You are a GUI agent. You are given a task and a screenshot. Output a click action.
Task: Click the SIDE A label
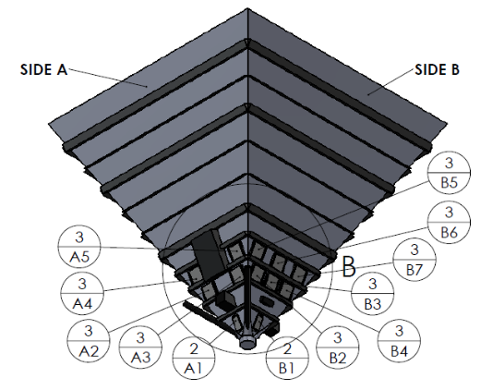(x=43, y=69)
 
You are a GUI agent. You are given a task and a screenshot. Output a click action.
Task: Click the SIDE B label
(x=437, y=69)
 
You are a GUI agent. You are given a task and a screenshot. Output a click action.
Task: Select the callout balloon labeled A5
(x=79, y=247)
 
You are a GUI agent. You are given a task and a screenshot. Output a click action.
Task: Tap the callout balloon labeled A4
(x=82, y=293)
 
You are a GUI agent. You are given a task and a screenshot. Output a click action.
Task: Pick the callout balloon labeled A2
(x=89, y=340)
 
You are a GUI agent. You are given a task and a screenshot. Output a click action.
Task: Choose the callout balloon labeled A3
(x=140, y=347)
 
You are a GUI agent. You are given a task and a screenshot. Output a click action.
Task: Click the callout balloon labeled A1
(x=194, y=359)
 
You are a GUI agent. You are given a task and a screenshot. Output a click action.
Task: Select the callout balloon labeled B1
(x=287, y=358)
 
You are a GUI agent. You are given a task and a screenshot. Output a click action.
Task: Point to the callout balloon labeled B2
(x=338, y=347)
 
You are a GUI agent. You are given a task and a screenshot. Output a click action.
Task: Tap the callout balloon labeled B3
(x=373, y=294)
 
